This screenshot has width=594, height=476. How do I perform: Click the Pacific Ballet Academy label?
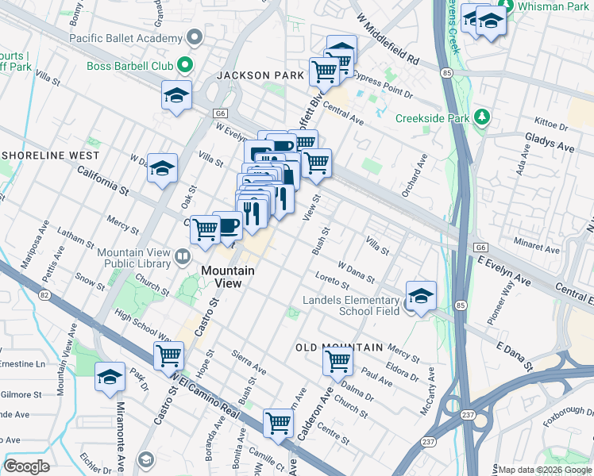click(x=125, y=38)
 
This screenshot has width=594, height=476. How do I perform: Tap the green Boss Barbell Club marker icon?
click(x=186, y=64)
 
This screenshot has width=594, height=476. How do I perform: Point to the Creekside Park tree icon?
click(x=482, y=118)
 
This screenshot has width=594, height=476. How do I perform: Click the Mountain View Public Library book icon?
click(x=183, y=256)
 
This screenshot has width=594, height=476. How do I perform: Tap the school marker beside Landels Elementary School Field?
click(x=420, y=297)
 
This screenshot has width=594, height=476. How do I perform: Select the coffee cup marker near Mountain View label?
click(x=228, y=226)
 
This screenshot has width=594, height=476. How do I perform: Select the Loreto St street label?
click(x=332, y=280)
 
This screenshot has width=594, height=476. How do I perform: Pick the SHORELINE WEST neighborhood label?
click(x=52, y=155)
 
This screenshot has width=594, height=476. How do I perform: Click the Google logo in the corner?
click(x=26, y=466)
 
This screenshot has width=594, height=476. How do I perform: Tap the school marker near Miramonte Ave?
click(x=110, y=378)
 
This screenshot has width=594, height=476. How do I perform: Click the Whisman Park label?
click(x=554, y=6)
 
